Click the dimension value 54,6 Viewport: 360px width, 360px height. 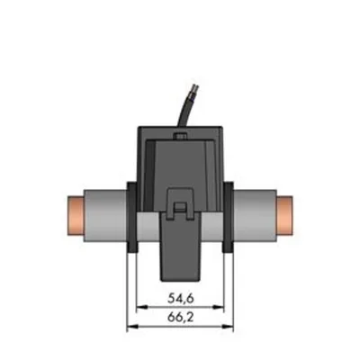[181, 299]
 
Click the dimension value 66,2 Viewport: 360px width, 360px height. [181, 318]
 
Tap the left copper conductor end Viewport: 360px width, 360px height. [75, 215]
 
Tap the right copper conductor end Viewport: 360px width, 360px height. [284, 215]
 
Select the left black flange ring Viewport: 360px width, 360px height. [132, 217]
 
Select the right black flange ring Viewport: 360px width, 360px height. [228, 217]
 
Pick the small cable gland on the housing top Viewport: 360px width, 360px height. [180, 137]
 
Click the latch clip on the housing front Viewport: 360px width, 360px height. [180, 203]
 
